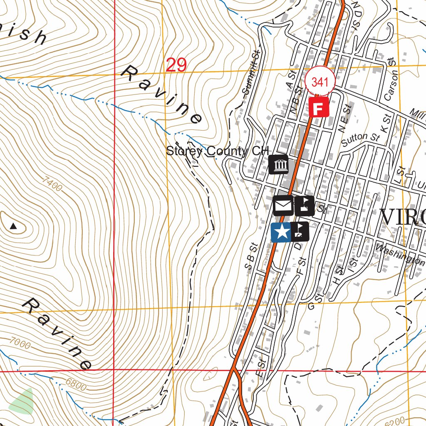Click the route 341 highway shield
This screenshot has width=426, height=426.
(x=319, y=82)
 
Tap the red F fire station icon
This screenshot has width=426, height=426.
(x=319, y=108)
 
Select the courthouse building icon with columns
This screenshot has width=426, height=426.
(x=279, y=164)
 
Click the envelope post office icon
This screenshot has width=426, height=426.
(x=283, y=205)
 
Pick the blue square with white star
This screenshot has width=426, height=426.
(x=281, y=232)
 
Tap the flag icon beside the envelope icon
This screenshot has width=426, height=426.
(x=305, y=205)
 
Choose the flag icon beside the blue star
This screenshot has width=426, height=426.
(x=300, y=232)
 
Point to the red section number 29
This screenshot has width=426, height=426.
(x=176, y=65)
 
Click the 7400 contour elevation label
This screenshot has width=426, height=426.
(x=52, y=185)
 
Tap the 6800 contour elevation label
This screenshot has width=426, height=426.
(x=76, y=385)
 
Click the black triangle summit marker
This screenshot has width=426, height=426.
(x=13, y=226)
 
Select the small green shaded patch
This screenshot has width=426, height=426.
(x=22, y=402)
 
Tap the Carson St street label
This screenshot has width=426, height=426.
(x=391, y=85)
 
